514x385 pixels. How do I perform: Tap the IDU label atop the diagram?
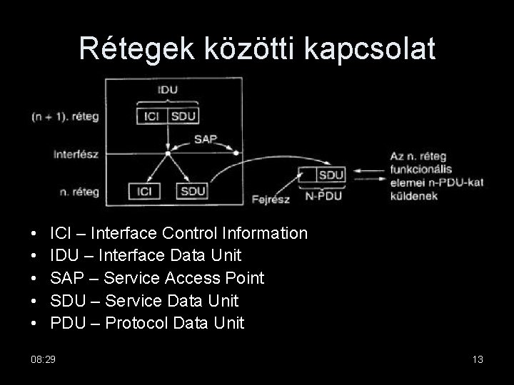click(x=167, y=91)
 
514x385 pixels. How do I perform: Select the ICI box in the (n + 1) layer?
click(x=151, y=116)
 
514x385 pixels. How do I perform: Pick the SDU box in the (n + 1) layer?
click(x=183, y=116)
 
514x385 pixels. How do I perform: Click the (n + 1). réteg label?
click(x=64, y=116)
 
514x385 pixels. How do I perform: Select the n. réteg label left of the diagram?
click(x=80, y=190)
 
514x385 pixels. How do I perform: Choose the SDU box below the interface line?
click(x=193, y=191)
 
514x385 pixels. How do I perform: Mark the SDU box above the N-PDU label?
click(x=331, y=175)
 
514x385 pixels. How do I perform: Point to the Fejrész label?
click(x=272, y=200)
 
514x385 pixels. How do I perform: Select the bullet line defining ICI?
click(x=179, y=233)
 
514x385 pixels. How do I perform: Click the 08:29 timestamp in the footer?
click(x=44, y=359)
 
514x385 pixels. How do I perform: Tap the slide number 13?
click(x=478, y=359)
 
